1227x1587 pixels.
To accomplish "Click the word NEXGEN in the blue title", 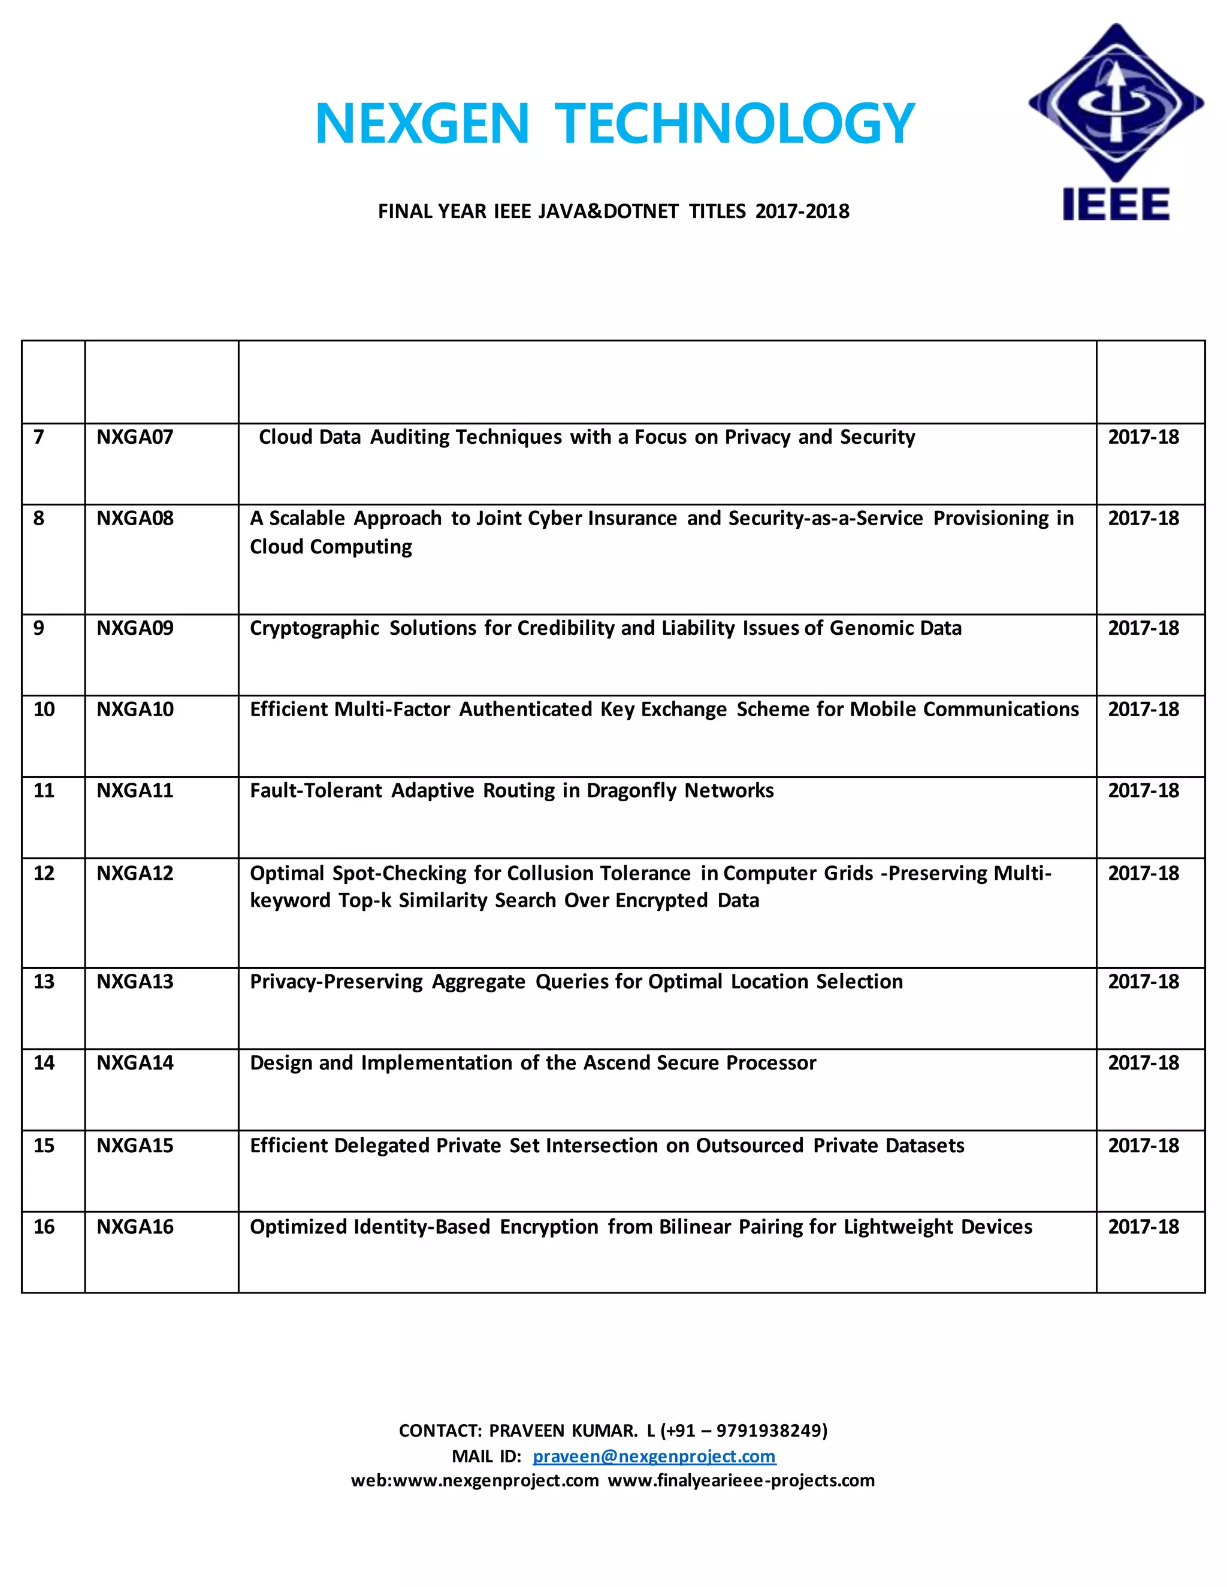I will point(422,123).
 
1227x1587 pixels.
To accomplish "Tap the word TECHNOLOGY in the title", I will point(734,123).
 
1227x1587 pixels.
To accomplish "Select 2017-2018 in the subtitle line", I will point(802,211).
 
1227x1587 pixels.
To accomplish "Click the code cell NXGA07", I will point(135,437).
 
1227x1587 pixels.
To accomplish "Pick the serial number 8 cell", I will point(40,519).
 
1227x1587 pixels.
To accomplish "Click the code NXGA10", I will point(135,710).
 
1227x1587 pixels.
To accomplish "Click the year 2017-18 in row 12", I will point(1143,873).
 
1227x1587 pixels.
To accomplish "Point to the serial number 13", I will point(44,982).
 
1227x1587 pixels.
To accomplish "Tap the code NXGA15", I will point(135,1146).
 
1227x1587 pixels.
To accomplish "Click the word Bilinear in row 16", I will point(695,1227).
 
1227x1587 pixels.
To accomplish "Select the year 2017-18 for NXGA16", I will point(1143,1227).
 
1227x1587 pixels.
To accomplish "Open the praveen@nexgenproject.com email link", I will point(654,1456).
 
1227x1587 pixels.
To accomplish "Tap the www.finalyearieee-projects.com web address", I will point(742,1481).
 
